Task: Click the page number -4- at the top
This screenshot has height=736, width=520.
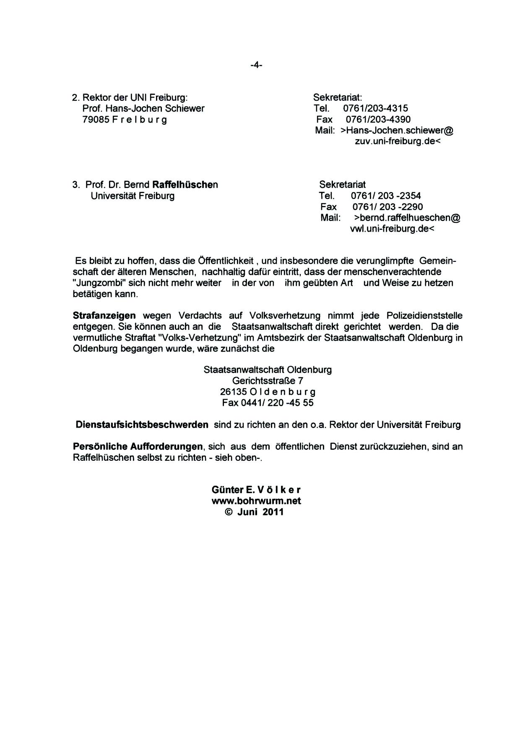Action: (256, 65)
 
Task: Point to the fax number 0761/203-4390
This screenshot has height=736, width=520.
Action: (378, 119)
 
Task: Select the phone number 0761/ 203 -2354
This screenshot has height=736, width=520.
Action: (386, 196)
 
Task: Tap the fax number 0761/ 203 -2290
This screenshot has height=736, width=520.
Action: (387, 206)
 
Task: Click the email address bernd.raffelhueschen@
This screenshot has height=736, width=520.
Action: (407, 218)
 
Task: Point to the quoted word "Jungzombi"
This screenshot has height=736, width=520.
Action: (97, 283)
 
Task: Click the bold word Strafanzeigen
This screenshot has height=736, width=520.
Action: (104, 316)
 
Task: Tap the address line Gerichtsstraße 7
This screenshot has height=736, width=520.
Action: (268, 381)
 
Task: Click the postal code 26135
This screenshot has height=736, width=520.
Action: (233, 392)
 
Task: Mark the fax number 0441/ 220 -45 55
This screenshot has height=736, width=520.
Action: (277, 403)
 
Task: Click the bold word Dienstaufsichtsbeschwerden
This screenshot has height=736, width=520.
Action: (142, 425)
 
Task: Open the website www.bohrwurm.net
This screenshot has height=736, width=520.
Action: (257, 501)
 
